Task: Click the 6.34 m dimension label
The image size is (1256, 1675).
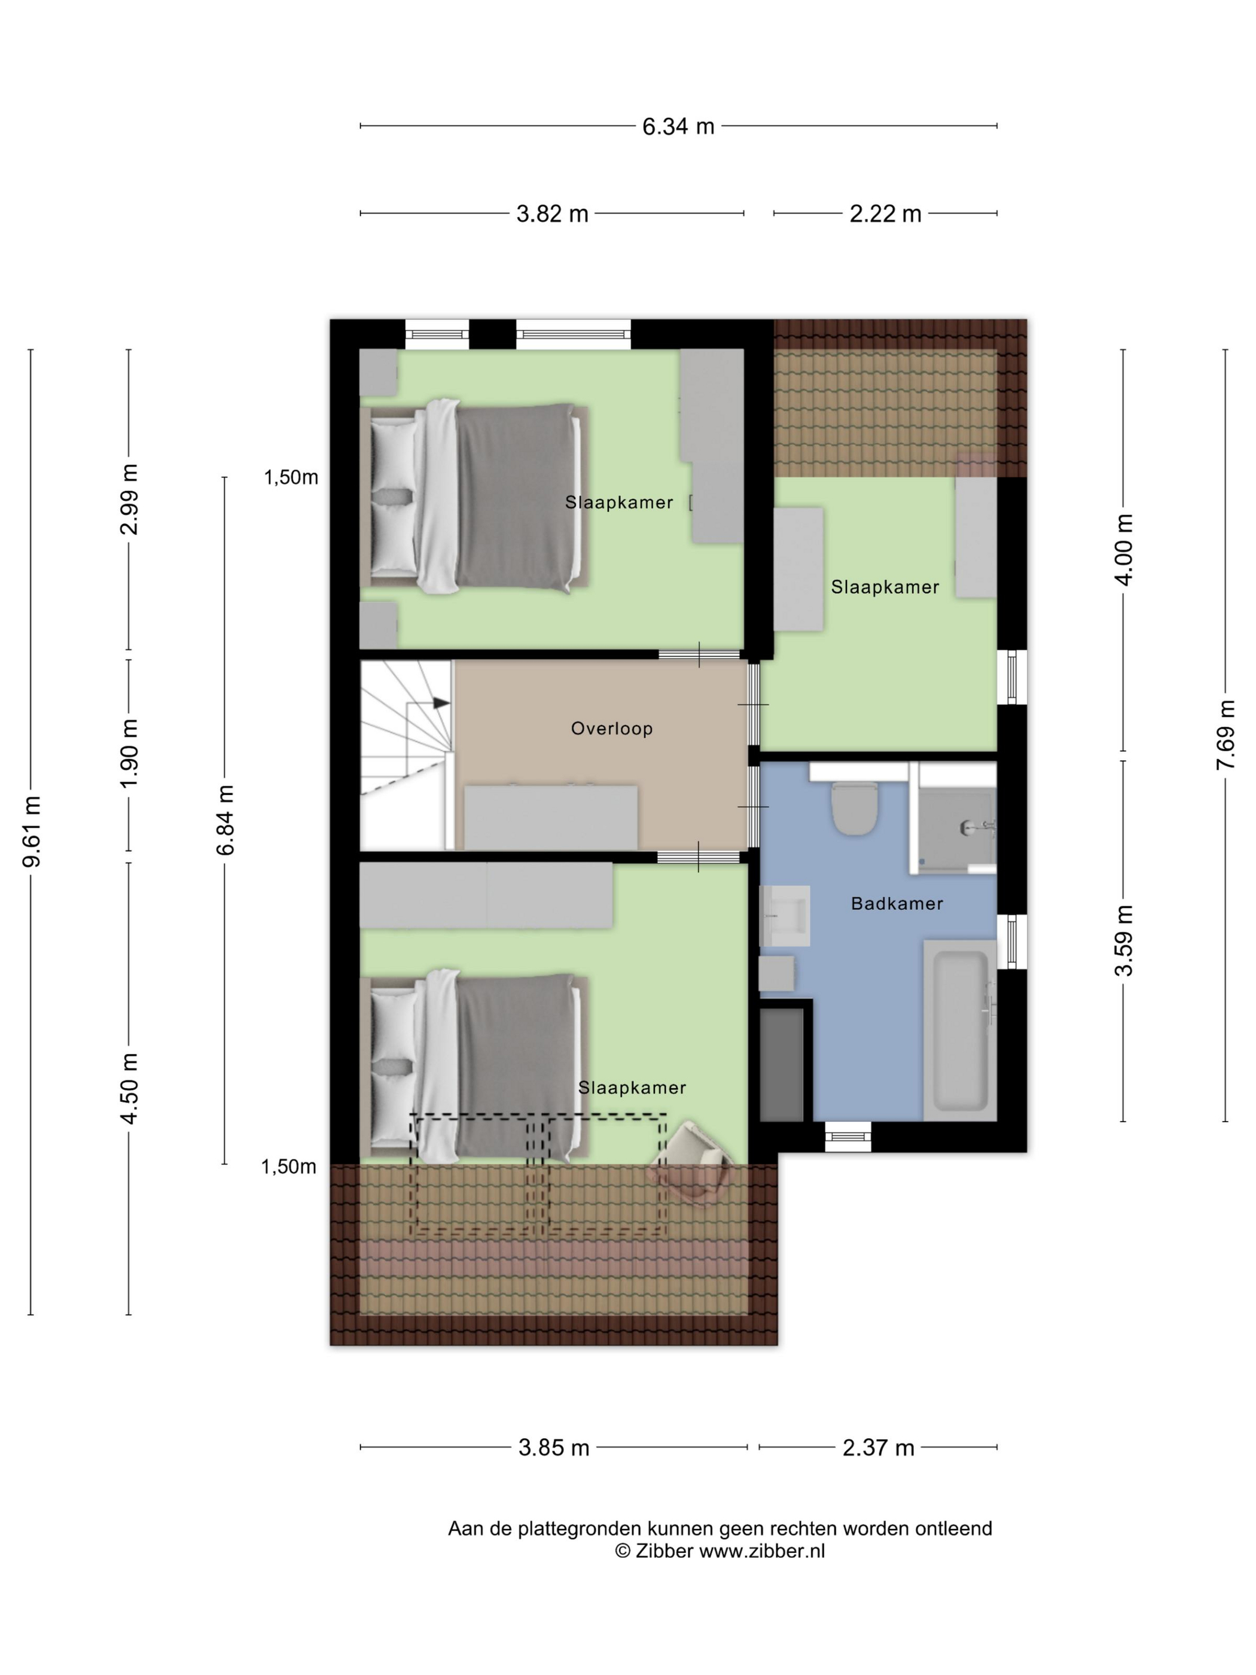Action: coord(678,126)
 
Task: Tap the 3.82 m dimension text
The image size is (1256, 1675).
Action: coord(553,214)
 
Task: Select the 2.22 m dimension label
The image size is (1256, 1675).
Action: coord(886,214)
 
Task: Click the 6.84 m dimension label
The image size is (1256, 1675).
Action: coord(225,820)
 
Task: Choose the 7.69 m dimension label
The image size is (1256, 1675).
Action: coord(1225,735)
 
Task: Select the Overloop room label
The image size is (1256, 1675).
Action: coord(612,729)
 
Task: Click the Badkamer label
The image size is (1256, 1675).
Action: coord(897,903)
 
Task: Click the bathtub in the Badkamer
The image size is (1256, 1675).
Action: coord(960,1030)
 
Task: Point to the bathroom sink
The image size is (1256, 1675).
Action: coord(784,915)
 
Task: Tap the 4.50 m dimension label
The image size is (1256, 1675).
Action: coord(129,1088)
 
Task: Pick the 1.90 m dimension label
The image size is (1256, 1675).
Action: coord(129,753)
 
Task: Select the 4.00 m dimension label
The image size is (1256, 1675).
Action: coord(1124,549)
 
